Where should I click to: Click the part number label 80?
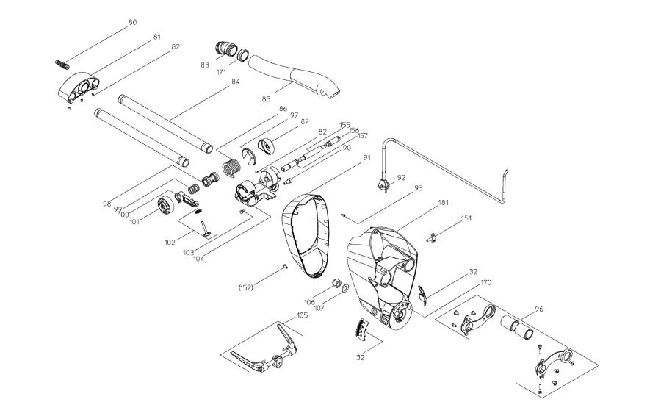click(x=132, y=22)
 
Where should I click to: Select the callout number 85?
click(x=266, y=98)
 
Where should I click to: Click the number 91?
click(x=367, y=157)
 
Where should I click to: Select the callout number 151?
click(x=466, y=218)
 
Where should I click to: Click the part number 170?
click(x=486, y=281)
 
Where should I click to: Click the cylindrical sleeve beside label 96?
click(x=519, y=327)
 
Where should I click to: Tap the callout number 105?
click(x=303, y=315)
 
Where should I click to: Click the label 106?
click(x=309, y=301)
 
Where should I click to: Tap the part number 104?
click(x=197, y=257)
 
